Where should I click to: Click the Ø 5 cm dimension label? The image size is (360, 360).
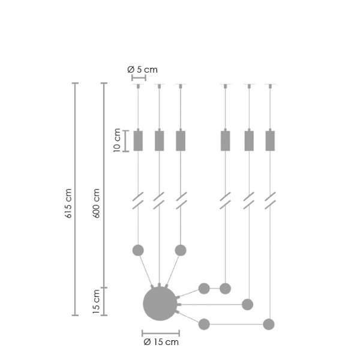pyautogui.click(x=142, y=70)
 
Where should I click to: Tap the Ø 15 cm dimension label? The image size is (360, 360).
pyautogui.click(x=161, y=343)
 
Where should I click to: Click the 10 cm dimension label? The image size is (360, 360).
pyautogui.click(x=117, y=142)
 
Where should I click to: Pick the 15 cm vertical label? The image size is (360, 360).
pyautogui.click(x=97, y=302)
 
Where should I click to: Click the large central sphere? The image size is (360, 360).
pyautogui.click(x=160, y=304)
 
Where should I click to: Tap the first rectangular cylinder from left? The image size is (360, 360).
pyautogui.click(x=138, y=140)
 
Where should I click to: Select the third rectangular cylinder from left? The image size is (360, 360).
pyautogui.click(x=181, y=140)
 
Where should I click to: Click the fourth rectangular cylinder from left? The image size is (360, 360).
pyautogui.click(x=225, y=140)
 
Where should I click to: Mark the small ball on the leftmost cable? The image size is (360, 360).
pyautogui.click(x=138, y=250)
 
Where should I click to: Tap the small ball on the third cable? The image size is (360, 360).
pyautogui.click(x=181, y=250)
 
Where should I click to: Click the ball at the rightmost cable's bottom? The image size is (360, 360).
pyautogui.click(x=269, y=325)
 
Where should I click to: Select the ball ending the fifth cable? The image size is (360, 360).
pyautogui.click(x=247, y=304)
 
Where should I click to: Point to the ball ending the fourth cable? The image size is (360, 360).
pyautogui.click(x=225, y=289)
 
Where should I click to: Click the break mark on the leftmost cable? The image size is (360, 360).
pyautogui.click(x=138, y=200)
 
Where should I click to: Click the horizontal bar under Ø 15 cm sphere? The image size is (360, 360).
pyautogui.click(x=161, y=333)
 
